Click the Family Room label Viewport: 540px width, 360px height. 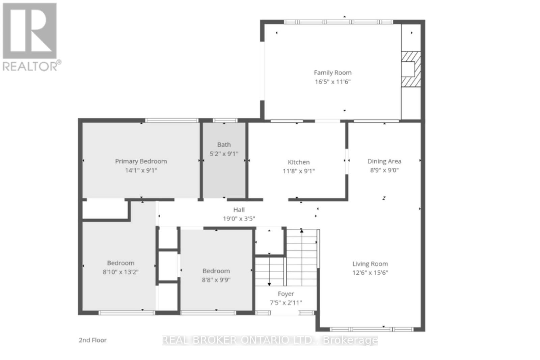click(x=332, y=73)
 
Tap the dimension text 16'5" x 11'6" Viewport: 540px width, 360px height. click(x=332, y=82)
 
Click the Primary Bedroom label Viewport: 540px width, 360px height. click(x=141, y=161)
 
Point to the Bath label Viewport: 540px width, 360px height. click(x=224, y=145)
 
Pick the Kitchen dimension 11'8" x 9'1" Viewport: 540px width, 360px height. click(x=299, y=171)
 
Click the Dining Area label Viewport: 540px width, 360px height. click(x=384, y=161)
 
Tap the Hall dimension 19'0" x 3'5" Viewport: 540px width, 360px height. click(x=239, y=219)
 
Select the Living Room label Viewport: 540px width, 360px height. click(x=370, y=264)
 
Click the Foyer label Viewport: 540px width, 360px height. click(x=286, y=294)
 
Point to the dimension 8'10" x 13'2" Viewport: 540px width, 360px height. click(x=120, y=272)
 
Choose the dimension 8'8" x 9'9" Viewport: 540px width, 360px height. click(x=216, y=280)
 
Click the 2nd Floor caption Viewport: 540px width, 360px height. click(x=92, y=340)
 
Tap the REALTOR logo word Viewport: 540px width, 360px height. click(x=30, y=66)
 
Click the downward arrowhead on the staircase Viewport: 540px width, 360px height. click(x=269, y=284)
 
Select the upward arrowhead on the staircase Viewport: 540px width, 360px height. click(x=302, y=231)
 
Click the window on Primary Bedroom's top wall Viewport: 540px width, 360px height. click(x=172, y=120)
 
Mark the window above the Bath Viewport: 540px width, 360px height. click(x=225, y=120)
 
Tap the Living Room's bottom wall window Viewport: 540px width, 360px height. click(x=371, y=329)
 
